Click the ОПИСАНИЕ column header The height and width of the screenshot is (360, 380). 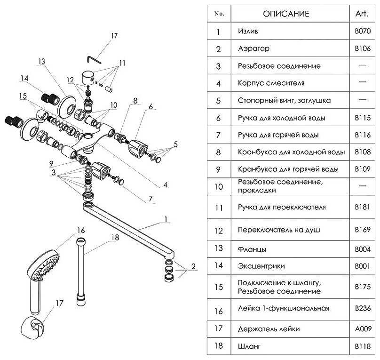pyautogui.click(x=286, y=14)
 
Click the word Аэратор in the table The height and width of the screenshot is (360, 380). pyautogui.click(x=254, y=49)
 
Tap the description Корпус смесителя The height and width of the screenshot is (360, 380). pyautogui.click(x=271, y=83)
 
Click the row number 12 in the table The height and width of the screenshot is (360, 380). pyautogui.click(x=218, y=231)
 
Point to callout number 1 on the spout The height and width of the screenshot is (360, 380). pyautogui.click(x=166, y=219)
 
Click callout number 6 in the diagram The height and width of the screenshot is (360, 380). pyautogui.click(x=151, y=107)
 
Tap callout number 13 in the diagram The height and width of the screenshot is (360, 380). pyautogui.click(x=41, y=62)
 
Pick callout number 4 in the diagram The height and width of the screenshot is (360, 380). pyautogui.click(x=166, y=185)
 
